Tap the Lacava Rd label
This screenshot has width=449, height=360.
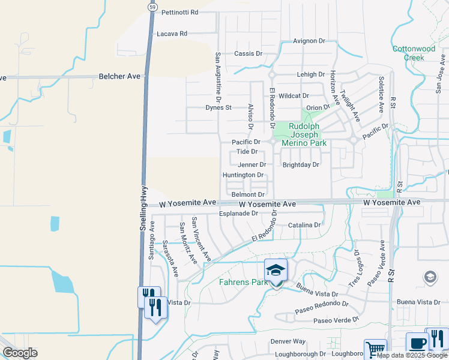click(x=172, y=34)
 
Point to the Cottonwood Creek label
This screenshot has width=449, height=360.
click(x=414, y=53)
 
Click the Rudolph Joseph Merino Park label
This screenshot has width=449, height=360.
click(x=308, y=135)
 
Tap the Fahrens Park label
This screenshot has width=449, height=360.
click(x=242, y=282)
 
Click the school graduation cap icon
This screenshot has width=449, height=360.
click(x=276, y=270)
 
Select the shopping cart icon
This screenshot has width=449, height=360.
click(x=376, y=349)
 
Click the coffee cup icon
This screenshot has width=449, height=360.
click(x=417, y=343)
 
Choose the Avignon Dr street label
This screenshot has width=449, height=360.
click(x=309, y=41)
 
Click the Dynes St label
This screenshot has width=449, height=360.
click(x=218, y=108)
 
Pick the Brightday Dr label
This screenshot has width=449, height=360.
click(x=301, y=164)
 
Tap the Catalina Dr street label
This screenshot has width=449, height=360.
click(x=304, y=225)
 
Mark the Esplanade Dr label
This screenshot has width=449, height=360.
click(x=238, y=213)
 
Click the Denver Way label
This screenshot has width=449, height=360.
click(x=288, y=341)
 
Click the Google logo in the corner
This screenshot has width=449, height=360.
click(x=20, y=353)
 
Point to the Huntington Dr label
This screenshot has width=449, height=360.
click(x=243, y=175)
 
